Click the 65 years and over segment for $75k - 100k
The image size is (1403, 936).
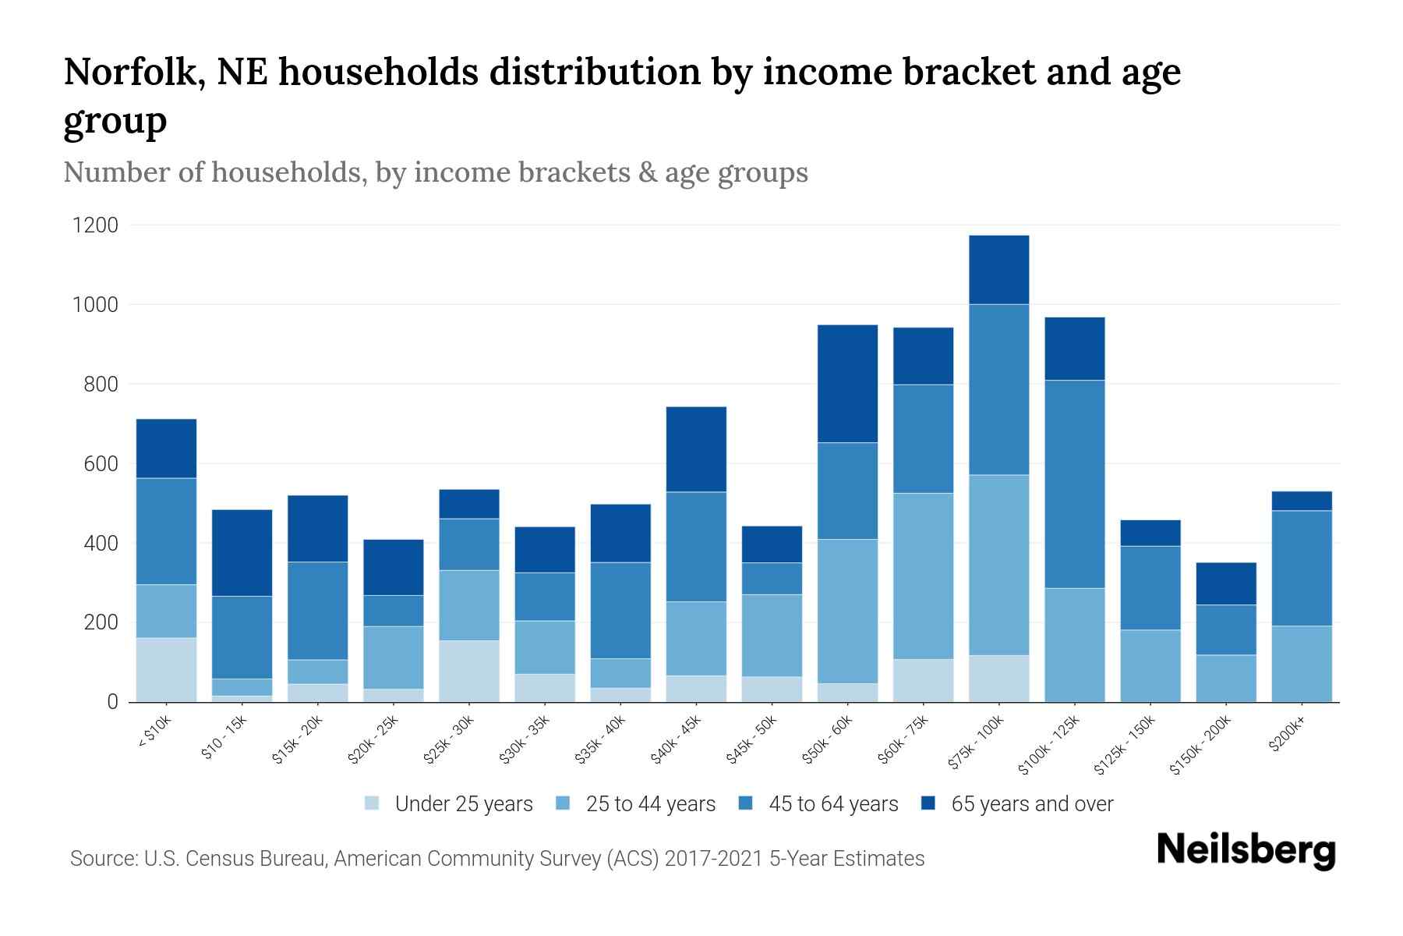[x=998, y=270]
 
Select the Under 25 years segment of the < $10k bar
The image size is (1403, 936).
[x=166, y=670]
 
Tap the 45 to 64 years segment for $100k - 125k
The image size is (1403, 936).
[x=1074, y=484]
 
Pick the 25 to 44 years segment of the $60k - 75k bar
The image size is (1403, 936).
[x=923, y=576]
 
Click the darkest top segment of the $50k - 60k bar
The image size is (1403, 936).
[x=847, y=384]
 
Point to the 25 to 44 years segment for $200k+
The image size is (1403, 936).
[x=1301, y=664]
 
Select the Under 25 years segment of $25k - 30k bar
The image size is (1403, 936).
[x=468, y=671]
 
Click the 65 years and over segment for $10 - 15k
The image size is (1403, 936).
[x=242, y=553]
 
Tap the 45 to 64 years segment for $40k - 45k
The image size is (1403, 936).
[x=696, y=546]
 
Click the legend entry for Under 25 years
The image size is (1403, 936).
[x=463, y=804]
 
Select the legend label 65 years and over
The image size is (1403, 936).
[x=1032, y=804]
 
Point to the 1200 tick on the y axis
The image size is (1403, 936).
[x=95, y=225]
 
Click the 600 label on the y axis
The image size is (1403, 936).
[x=101, y=464]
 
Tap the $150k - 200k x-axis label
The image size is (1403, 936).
[x=1201, y=746]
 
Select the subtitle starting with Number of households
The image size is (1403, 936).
[x=435, y=172]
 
